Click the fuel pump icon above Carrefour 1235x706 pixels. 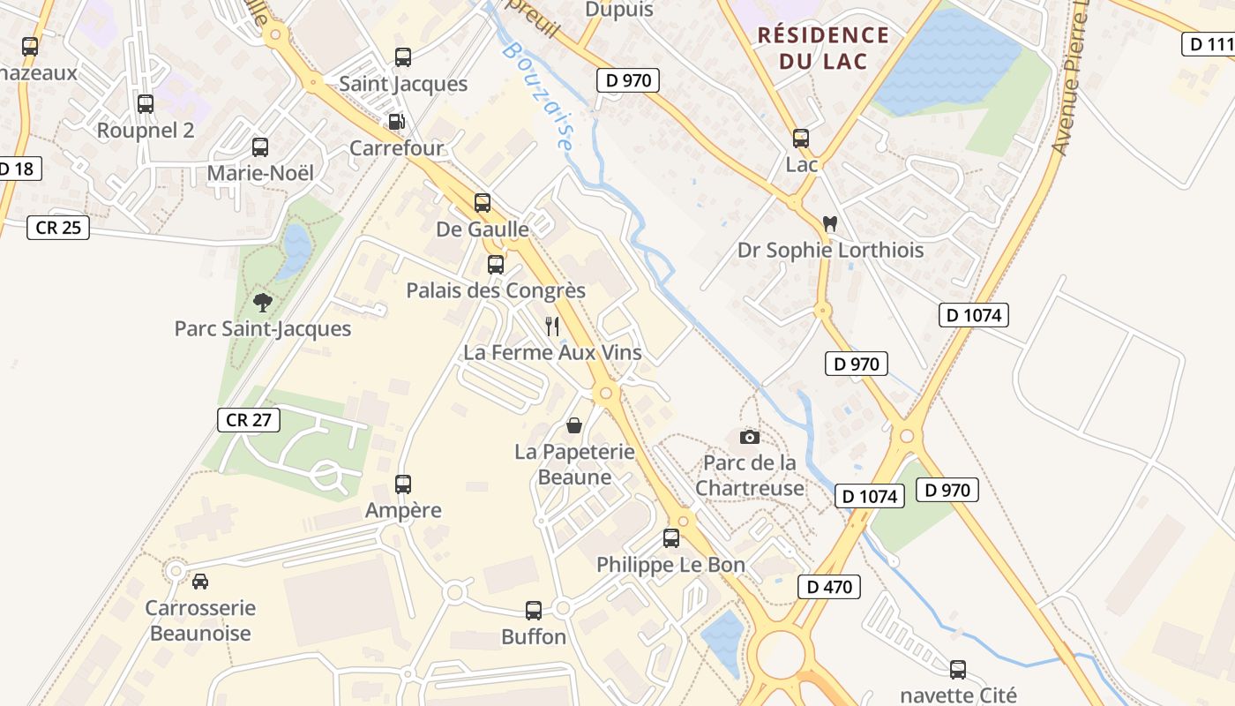397,122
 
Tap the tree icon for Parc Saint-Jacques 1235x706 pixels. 262,303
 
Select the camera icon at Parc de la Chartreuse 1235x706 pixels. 750,437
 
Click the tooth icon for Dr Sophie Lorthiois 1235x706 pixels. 829,223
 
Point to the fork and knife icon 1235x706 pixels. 552,327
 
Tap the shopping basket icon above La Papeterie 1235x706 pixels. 574,425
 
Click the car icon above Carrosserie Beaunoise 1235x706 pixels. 200,582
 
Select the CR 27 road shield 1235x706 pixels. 249,420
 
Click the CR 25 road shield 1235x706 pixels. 58,228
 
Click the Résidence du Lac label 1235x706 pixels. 823,48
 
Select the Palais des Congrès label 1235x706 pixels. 496,290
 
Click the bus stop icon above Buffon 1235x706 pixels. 534,610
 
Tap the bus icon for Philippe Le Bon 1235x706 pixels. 671,537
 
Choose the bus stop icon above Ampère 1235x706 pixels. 403,484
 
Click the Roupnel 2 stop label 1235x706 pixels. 146,130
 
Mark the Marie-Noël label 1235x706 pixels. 260,173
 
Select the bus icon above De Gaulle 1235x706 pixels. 483,203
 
